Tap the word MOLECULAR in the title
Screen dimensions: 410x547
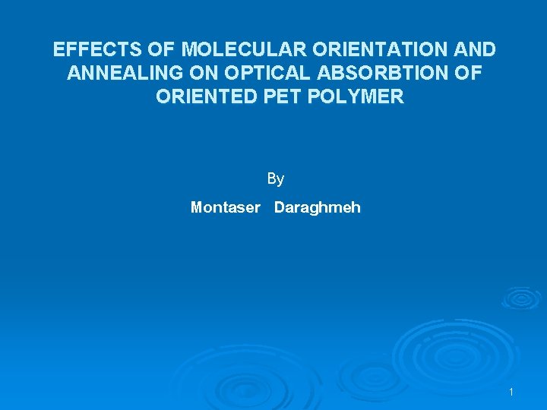236,50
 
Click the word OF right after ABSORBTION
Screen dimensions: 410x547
467,74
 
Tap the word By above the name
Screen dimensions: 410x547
275,179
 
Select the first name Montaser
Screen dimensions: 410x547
225,207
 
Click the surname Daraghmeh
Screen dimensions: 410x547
318,207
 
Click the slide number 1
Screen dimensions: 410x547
511,392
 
